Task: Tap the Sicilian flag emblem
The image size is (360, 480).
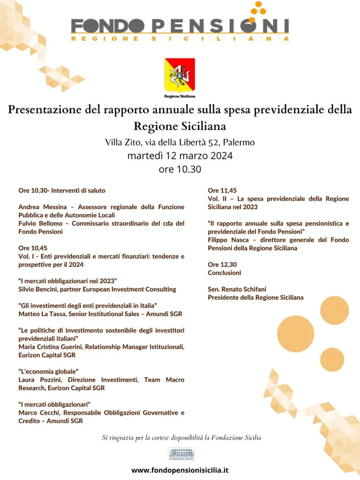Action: coord(180,75)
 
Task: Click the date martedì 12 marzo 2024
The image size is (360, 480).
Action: coord(180,156)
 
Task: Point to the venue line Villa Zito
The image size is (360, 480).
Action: coord(180,142)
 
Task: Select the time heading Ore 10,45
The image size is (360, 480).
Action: coord(33,248)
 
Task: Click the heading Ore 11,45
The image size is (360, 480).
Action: coord(222,190)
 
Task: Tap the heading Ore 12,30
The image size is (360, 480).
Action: coord(222,264)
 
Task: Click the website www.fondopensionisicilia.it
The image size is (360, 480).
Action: coord(180,470)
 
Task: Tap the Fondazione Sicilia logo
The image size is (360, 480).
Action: coord(181,454)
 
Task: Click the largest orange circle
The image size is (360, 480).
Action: coord(295,334)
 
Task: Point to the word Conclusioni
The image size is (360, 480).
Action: coord(225,272)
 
